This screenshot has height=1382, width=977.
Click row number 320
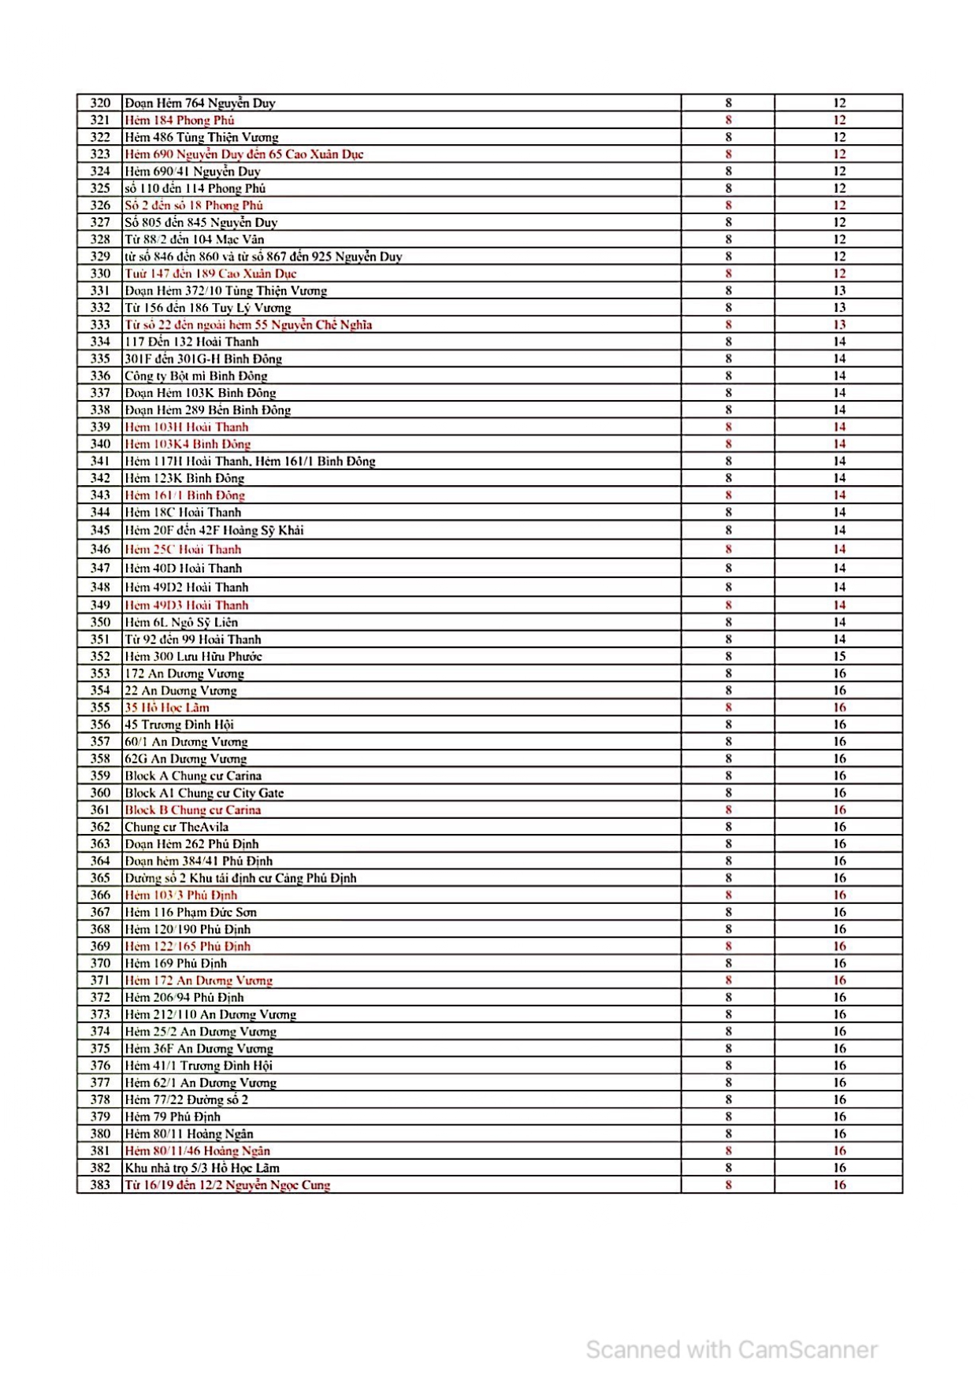pos(100,103)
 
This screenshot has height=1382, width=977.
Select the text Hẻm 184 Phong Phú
pos(180,120)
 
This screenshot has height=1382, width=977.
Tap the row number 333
pos(100,325)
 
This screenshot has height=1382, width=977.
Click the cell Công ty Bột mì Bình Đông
pos(196,376)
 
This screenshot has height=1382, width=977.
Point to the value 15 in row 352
pos(839,657)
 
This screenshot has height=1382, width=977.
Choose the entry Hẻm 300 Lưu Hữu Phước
pos(193,657)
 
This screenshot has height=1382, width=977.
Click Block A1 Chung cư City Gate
pos(204,793)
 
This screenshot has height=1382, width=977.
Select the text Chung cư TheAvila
pos(176,827)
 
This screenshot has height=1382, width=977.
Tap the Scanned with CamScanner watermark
pos(731,1350)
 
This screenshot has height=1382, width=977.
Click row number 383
pos(100,1185)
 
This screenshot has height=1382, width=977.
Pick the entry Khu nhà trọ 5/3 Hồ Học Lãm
pos(202,1168)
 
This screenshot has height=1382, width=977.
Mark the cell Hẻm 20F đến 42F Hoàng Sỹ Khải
pos(214,531)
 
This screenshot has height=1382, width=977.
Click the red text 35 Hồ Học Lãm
pos(167,708)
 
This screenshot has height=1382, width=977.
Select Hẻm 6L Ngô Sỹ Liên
pos(181,622)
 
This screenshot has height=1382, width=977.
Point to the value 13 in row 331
pos(839,291)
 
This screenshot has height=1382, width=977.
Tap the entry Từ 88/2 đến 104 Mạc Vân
pos(195,239)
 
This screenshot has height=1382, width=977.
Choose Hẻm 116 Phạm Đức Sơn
pos(191,912)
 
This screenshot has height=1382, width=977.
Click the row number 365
pos(100,878)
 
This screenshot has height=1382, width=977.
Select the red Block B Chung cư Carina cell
pos(193,810)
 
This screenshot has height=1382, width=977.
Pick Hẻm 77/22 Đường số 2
pos(187,1100)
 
